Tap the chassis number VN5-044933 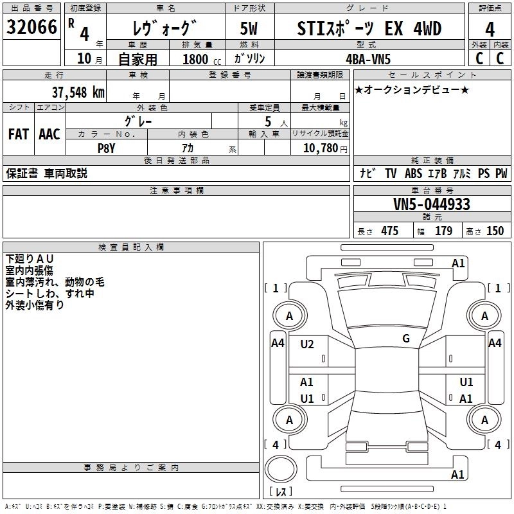pyautogui.click(x=431, y=204)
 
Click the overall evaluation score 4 pyautogui.click(x=490, y=29)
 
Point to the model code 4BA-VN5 pyautogui.click(x=369, y=58)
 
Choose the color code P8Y pyautogui.click(x=106, y=147)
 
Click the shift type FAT pyautogui.click(x=18, y=134)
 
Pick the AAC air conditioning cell pyautogui.click(x=49, y=134)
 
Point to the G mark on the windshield pyautogui.click(x=406, y=339)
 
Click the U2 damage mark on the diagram pyautogui.click(x=307, y=344)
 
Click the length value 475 pyautogui.click(x=389, y=231)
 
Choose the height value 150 pyautogui.click(x=495, y=231)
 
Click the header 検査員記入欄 pyautogui.click(x=131, y=247)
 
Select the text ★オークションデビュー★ pyautogui.click(x=412, y=89)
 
